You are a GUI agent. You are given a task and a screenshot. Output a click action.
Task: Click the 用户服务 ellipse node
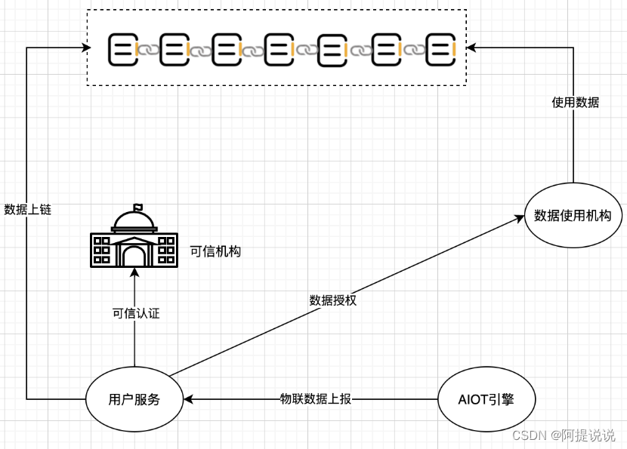coord(134,399)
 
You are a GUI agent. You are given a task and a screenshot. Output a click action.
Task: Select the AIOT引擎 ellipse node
coord(486,399)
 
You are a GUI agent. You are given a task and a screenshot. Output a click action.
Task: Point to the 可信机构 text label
coord(215,251)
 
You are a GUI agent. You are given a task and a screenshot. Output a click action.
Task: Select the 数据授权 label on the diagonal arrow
coord(332,300)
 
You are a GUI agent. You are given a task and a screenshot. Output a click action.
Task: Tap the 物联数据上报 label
coord(316,399)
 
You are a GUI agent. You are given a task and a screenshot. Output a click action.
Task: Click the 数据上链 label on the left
coord(28,210)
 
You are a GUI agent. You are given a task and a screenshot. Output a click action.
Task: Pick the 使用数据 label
coord(576,102)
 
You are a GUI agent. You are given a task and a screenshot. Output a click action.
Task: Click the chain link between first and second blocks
coord(148,50)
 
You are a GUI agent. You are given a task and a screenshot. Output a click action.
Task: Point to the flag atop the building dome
coord(137,207)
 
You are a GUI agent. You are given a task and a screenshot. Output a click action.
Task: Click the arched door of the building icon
coord(134,256)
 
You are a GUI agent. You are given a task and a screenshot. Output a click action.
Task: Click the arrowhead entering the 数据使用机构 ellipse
coord(519,217)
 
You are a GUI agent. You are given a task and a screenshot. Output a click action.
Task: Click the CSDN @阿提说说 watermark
coord(563,435)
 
